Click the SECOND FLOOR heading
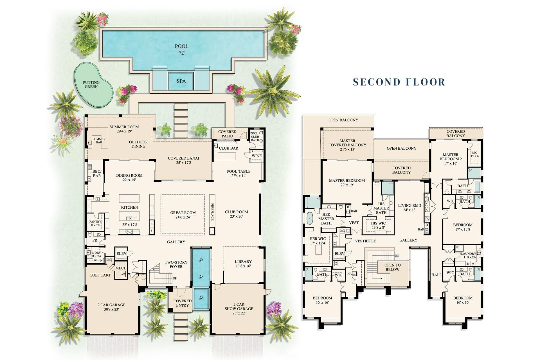pos(399,82)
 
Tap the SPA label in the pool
pos(181,81)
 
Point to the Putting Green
pos(92,84)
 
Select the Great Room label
pos(183,213)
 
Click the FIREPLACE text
pos(213,211)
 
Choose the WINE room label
pos(256,156)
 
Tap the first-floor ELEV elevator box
pos(121,253)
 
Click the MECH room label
pos(121,268)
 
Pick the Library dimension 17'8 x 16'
pos(243,266)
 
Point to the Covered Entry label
pos(183,303)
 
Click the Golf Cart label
pos(100,275)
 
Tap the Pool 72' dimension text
pos(182,53)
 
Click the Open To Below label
pos(392,267)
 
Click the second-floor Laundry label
pos(468,254)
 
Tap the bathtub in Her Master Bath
pos(310,218)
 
